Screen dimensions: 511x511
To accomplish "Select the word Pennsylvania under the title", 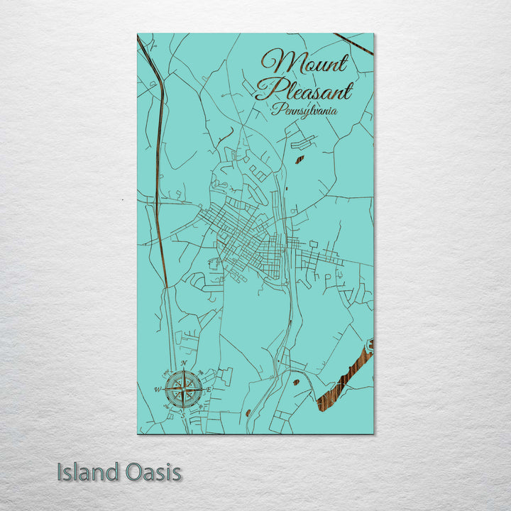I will click(x=303, y=111).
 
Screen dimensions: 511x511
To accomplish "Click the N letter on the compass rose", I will click(x=184, y=364).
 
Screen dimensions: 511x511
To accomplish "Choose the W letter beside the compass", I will click(x=157, y=389).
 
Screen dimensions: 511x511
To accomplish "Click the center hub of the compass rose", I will click(x=183, y=389).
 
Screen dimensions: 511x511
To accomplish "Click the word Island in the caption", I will click(x=84, y=472).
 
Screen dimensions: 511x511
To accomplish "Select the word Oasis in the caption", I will click(x=150, y=472).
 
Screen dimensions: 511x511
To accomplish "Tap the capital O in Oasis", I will click(x=127, y=472).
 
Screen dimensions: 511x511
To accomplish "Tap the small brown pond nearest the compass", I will click(x=247, y=412).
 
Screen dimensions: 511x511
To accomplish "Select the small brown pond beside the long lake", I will click(x=296, y=383).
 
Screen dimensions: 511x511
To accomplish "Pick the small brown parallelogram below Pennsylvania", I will click(x=301, y=159).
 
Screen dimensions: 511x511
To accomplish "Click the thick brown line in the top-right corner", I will click(x=354, y=43).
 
